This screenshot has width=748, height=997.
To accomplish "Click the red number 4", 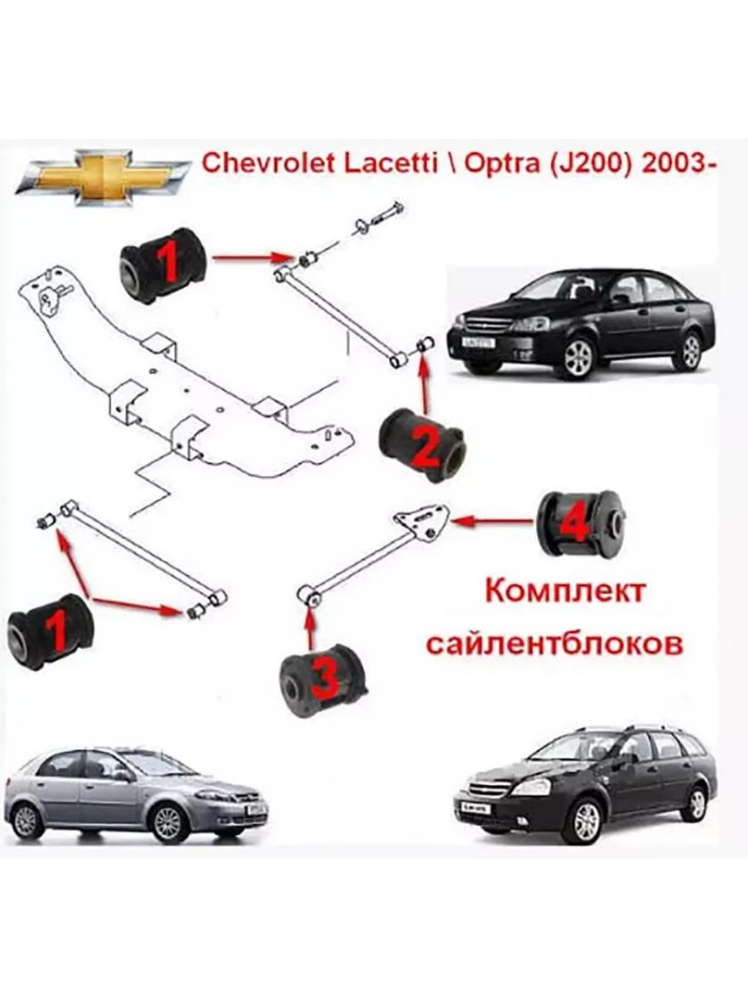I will click(x=574, y=523).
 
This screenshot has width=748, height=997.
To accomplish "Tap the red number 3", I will click(x=325, y=680).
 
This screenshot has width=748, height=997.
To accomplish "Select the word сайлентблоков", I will click(x=554, y=643).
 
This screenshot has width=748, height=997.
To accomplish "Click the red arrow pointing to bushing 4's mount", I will click(x=492, y=519).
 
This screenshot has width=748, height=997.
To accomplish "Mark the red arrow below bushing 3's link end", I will click(x=311, y=627).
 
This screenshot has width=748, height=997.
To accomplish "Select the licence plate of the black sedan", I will click(x=472, y=340).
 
